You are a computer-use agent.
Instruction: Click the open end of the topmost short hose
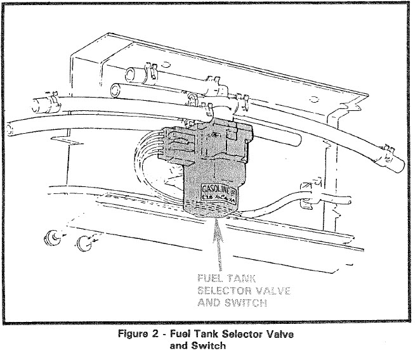click(129, 74)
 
